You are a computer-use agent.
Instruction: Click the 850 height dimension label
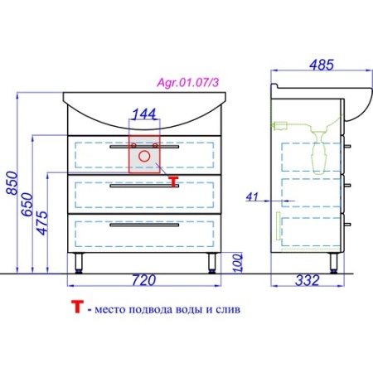[x=12, y=183]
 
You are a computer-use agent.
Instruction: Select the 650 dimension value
[x=27, y=205]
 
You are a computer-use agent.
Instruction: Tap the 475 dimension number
[x=42, y=223]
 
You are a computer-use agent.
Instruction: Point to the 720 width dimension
[x=143, y=280]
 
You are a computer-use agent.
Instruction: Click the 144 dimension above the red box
[x=144, y=114]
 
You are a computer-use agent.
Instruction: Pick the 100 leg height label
[x=238, y=263]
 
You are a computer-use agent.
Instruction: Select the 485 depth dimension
[x=322, y=65]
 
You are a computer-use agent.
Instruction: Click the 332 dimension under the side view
[x=308, y=280]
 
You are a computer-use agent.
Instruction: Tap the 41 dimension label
[x=252, y=197]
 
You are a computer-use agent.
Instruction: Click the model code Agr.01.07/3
[x=188, y=82]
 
